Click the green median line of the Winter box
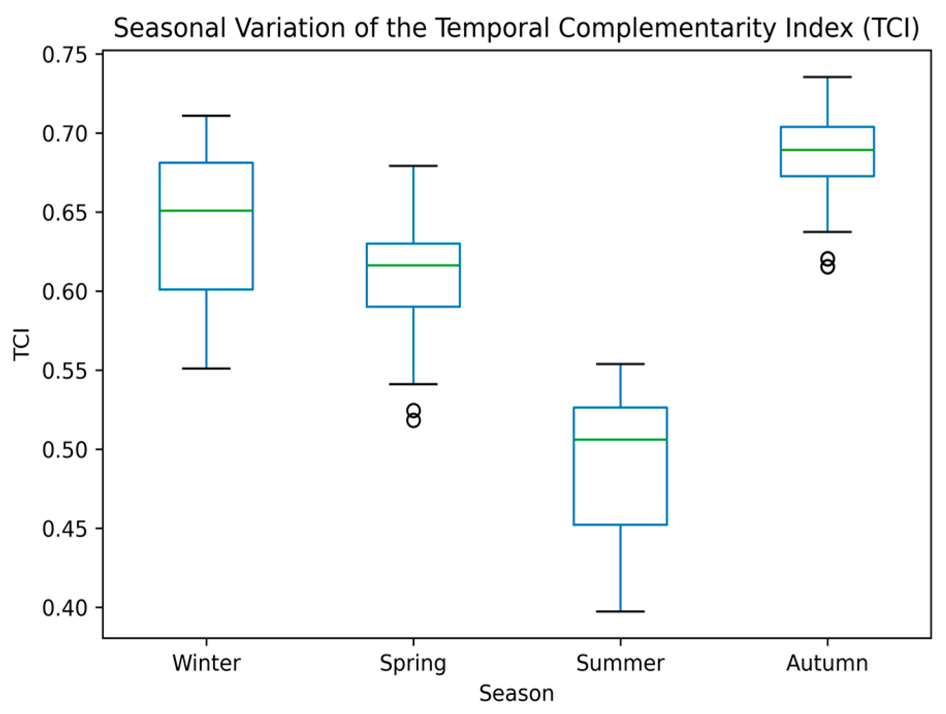(206, 210)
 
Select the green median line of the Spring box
(413, 265)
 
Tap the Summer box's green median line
(620, 440)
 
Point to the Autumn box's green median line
(827, 150)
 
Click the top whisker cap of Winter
(206, 116)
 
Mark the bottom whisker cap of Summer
(620, 611)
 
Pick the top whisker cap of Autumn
(827, 77)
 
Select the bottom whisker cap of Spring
(413, 384)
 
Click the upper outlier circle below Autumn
(827, 258)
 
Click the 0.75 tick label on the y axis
(65, 55)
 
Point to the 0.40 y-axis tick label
(65, 608)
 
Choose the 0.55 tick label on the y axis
(65, 370)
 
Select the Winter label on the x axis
(206, 663)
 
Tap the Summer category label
(620, 663)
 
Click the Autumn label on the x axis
(827, 663)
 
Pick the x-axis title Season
(517, 693)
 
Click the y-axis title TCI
(22, 344)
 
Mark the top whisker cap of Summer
(620, 364)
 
